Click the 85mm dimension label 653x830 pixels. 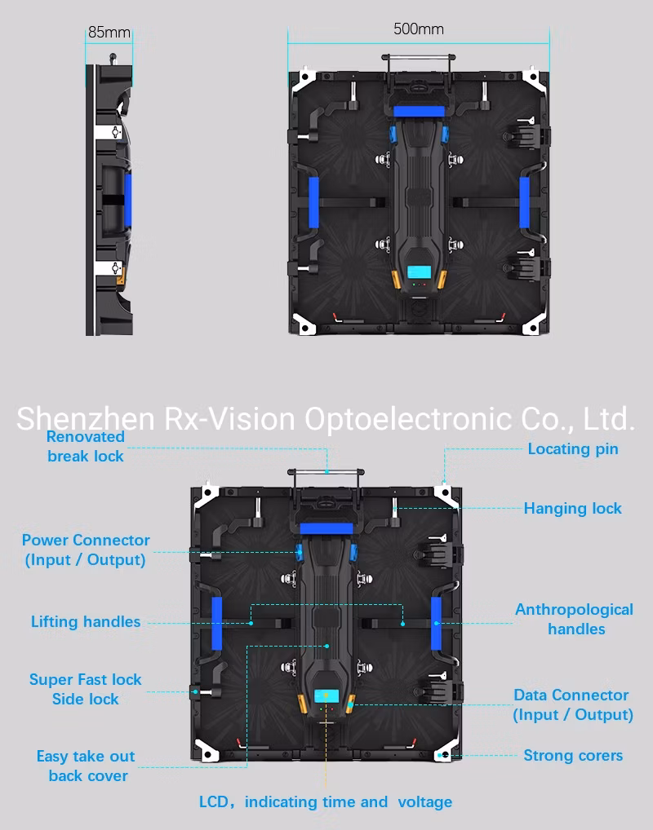(109, 33)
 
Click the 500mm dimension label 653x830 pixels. (418, 29)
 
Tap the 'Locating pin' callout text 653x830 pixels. (573, 449)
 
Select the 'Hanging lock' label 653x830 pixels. (572, 508)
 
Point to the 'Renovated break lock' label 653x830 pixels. (86, 446)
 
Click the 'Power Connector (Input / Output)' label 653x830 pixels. (86, 550)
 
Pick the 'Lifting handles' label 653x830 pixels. (86, 621)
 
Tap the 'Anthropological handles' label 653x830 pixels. (575, 620)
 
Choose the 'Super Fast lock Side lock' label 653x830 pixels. (86, 689)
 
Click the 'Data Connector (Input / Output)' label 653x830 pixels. (573, 704)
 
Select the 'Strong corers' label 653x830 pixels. (573, 755)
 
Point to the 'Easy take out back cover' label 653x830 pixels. (86, 766)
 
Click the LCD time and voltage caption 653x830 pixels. (326, 802)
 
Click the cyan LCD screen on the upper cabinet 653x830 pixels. (420, 272)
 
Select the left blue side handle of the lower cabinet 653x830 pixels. (217, 624)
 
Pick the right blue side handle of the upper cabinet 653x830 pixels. (524, 203)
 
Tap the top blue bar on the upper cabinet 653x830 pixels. (419, 111)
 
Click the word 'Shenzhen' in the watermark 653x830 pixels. (86, 419)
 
